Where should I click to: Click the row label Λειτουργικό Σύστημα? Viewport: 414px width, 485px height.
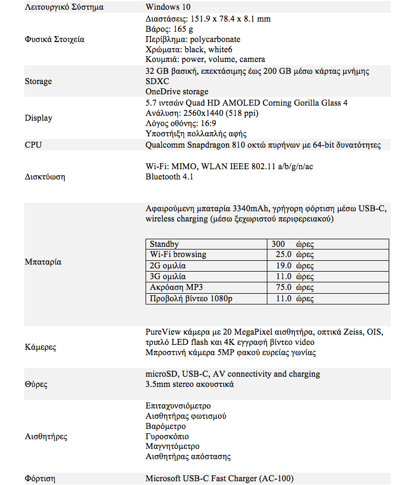pyautogui.click(x=64, y=8)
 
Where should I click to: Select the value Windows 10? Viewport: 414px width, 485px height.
pyautogui.click(x=168, y=8)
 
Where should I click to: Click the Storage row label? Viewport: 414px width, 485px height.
pyautogui.click(x=38, y=81)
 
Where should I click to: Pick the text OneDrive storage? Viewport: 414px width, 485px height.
pyautogui.click(x=177, y=92)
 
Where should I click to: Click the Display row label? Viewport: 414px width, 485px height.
pyautogui.click(x=38, y=118)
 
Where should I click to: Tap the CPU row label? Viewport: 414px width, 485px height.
pyautogui.click(x=33, y=144)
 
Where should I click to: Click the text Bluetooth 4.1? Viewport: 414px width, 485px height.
pyautogui.click(x=169, y=177)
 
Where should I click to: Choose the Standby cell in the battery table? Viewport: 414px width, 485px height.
pyautogui.click(x=164, y=244)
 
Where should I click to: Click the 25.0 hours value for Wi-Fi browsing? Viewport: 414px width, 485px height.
pyautogui.click(x=284, y=254)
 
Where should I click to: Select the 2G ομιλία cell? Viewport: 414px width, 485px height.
pyautogui.click(x=168, y=266)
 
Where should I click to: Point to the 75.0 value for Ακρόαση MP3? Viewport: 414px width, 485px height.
pyautogui.click(x=284, y=287)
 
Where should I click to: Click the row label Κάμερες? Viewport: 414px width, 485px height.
pyautogui.click(x=40, y=348)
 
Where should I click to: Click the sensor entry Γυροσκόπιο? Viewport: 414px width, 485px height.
pyautogui.click(x=167, y=436)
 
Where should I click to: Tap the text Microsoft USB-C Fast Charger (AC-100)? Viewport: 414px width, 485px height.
pyautogui.click(x=219, y=479)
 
